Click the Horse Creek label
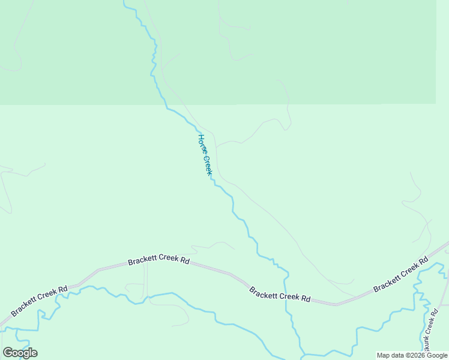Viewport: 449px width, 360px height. point(205,155)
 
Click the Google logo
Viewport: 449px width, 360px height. point(20,352)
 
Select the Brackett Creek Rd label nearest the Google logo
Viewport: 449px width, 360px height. point(39,301)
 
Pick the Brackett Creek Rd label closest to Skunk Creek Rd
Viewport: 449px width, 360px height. point(400,277)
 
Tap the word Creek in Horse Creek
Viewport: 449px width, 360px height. point(208,164)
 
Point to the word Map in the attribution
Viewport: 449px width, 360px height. point(384,356)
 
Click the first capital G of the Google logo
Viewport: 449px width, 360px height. point(7,352)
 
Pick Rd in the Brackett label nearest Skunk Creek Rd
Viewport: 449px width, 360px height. point(423,261)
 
